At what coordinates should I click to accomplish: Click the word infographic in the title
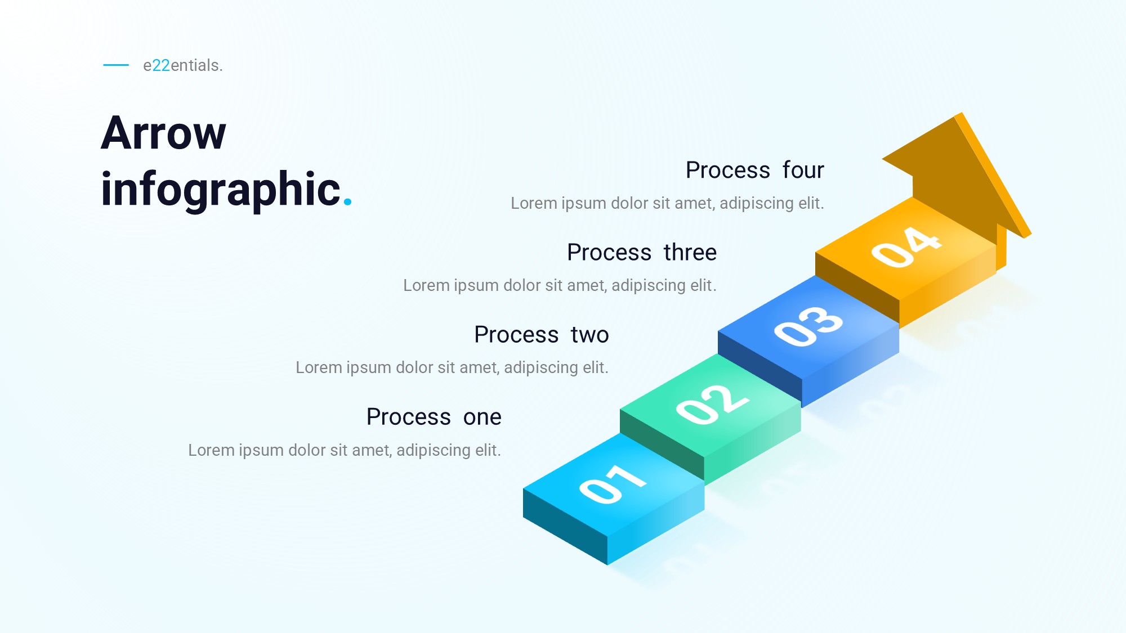tap(221, 190)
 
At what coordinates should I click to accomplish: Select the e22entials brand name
tap(183, 65)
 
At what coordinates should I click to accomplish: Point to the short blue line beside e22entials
tap(116, 65)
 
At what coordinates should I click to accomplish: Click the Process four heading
tap(754, 170)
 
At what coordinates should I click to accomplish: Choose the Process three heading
tap(642, 252)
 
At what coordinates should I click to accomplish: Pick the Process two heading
tap(541, 334)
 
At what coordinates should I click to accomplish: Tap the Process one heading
tap(434, 417)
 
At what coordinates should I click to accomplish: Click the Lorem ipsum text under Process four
tap(667, 203)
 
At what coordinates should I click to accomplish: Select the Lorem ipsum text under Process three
tap(560, 285)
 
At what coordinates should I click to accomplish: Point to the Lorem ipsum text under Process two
tap(452, 367)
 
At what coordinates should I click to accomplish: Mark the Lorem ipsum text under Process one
tap(345, 450)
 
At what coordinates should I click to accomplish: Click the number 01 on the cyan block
tap(613, 484)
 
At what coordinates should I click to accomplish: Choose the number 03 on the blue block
tap(808, 326)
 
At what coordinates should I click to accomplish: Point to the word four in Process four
tap(803, 170)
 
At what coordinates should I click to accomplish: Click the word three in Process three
tap(690, 252)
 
